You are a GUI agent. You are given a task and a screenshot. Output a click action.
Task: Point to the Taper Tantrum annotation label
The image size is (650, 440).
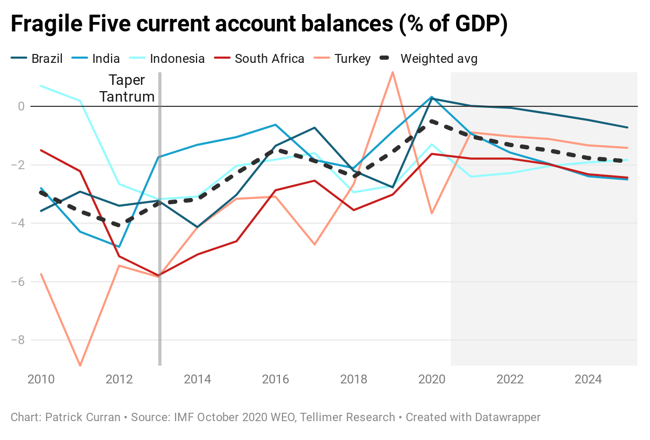click(x=127, y=89)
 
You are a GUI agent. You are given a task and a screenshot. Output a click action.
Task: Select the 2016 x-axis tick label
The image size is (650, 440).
click(x=275, y=379)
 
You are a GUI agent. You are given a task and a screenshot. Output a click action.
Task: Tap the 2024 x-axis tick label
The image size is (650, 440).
click(x=588, y=379)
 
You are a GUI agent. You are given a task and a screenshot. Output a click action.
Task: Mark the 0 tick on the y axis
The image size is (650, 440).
click(x=21, y=106)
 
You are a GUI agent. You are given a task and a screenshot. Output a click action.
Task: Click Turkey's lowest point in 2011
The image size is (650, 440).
click(x=80, y=365)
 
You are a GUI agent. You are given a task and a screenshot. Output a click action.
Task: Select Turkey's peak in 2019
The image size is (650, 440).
click(x=393, y=72)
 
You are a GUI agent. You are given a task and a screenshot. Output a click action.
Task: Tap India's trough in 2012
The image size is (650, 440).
click(x=120, y=247)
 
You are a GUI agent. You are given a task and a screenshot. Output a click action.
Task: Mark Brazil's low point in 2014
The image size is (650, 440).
click(x=198, y=227)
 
